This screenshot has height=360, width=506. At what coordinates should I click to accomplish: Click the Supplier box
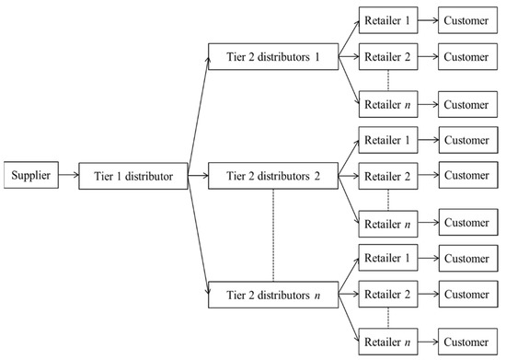pyautogui.click(x=31, y=173)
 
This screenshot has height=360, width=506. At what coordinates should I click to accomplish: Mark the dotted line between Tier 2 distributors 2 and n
pyautogui.click(x=273, y=235)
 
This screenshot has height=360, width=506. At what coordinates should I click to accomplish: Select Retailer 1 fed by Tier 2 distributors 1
pyautogui.click(x=386, y=18)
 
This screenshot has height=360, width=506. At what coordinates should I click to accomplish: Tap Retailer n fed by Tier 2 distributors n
pyautogui.click(x=386, y=340)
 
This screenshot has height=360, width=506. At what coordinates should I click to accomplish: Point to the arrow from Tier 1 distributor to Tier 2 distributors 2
pyautogui.click(x=199, y=173)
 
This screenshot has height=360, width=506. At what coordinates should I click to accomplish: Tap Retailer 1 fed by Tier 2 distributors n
pyautogui.click(x=386, y=261)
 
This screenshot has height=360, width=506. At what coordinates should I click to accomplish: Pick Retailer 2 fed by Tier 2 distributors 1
pyautogui.click(x=386, y=56)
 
